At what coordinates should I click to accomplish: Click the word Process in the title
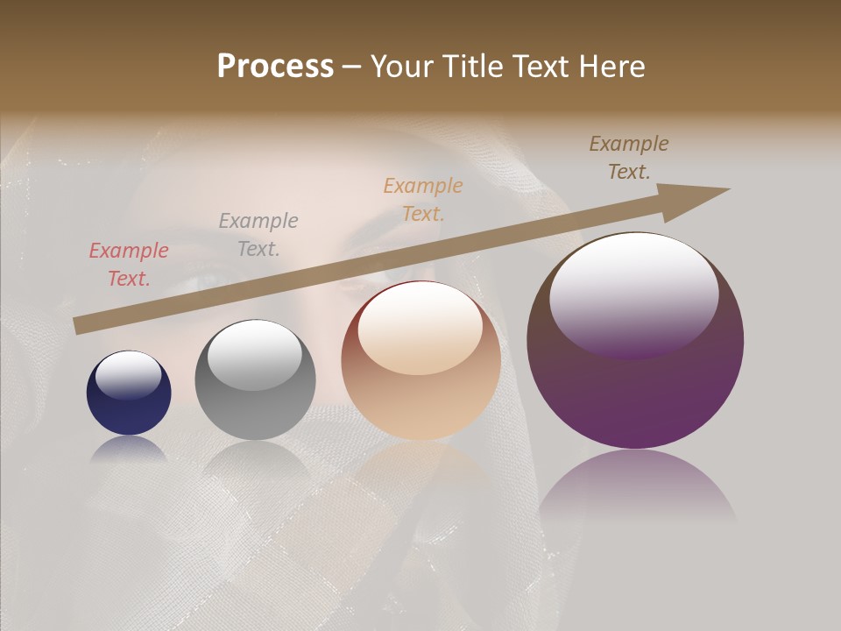pyautogui.click(x=275, y=67)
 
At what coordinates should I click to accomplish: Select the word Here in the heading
pyautogui.click(x=611, y=67)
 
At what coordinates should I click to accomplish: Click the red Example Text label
pyautogui.click(x=129, y=265)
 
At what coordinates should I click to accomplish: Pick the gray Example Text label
pyautogui.click(x=258, y=235)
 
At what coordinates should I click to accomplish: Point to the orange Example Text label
pyautogui.click(x=423, y=200)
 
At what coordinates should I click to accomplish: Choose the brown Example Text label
pyautogui.click(x=629, y=158)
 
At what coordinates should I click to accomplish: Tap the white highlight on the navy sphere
pyautogui.click(x=128, y=375)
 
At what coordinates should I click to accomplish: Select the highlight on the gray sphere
pyautogui.click(x=254, y=353)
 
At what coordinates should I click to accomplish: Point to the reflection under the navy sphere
pyautogui.click(x=129, y=449)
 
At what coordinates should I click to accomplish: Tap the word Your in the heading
pyautogui.click(x=399, y=67)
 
